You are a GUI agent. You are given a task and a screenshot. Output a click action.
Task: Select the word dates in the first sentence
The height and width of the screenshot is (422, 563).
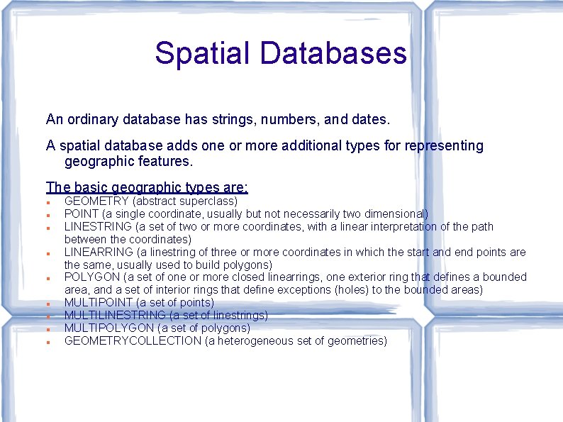369,120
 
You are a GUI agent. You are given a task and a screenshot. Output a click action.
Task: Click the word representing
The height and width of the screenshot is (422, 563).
444,146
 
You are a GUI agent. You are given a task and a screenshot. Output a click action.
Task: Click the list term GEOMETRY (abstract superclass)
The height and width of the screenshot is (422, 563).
96,201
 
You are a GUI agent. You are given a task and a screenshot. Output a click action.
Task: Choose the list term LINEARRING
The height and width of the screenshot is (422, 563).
99,252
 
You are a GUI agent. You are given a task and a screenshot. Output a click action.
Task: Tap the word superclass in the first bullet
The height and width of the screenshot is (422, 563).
209,201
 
